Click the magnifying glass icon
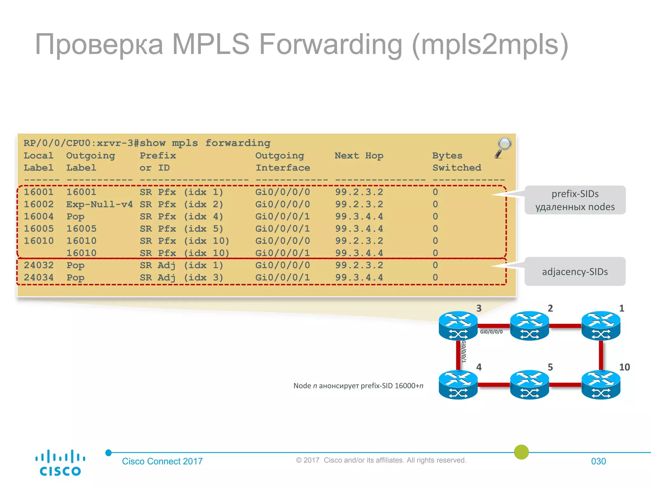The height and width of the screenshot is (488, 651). (x=504, y=146)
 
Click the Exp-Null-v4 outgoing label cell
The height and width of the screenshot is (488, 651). (x=99, y=204)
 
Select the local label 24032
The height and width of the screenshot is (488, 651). (x=38, y=265)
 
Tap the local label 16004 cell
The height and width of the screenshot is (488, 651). (x=38, y=217)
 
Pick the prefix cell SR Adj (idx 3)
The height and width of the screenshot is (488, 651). (x=181, y=278)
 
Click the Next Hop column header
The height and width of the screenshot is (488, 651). (x=359, y=156)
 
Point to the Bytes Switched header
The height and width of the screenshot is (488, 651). (x=456, y=162)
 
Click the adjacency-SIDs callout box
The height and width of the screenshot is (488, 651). (x=575, y=272)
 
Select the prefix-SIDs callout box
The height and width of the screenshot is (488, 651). (x=575, y=200)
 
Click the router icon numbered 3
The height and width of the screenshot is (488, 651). (x=458, y=326)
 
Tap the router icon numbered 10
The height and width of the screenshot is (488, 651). (x=600, y=384)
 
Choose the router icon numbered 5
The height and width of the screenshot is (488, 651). (x=529, y=384)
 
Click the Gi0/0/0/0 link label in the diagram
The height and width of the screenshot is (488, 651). (x=491, y=332)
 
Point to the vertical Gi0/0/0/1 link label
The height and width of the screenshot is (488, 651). (x=464, y=351)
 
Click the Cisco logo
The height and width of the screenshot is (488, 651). (x=60, y=463)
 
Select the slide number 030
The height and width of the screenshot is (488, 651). (x=598, y=461)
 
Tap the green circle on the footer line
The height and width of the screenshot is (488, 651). (x=521, y=452)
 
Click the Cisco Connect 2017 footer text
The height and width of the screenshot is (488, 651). (x=162, y=461)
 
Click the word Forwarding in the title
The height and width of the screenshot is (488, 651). (x=331, y=44)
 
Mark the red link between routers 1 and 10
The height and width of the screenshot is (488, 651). (x=601, y=355)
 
